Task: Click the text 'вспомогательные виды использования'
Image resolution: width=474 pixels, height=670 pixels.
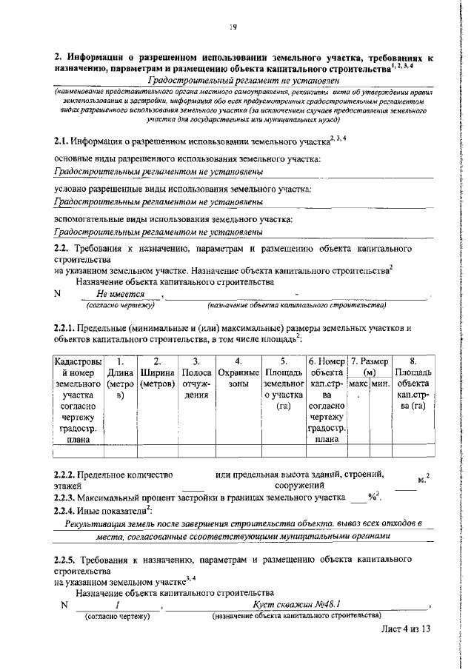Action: (131, 218)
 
